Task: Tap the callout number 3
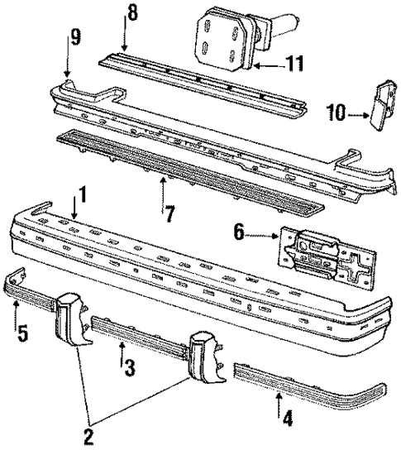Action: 128,367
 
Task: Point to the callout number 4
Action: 286,419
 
